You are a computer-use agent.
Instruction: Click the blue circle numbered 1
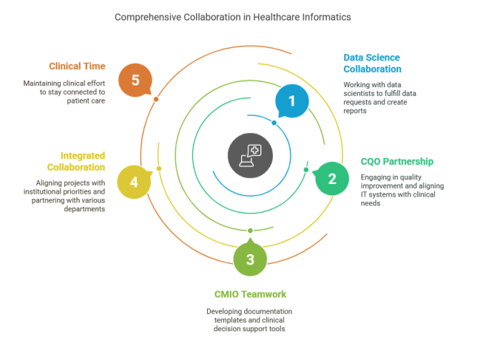click(291, 101)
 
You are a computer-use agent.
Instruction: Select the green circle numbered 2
click(332, 178)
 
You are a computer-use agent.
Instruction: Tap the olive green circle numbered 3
click(250, 259)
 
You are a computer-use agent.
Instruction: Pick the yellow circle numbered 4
click(134, 182)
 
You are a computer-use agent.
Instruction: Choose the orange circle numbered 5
click(135, 80)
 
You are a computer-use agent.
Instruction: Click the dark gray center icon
click(250, 155)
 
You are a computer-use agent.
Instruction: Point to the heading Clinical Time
click(77, 65)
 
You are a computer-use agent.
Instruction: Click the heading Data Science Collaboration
click(372, 63)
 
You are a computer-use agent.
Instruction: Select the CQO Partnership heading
click(396, 161)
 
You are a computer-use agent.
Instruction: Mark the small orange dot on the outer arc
click(155, 99)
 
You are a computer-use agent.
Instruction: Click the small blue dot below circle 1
click(274, 123)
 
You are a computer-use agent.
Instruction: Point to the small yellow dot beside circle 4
click(158, 169)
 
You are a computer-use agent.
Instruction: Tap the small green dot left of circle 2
click(305, 170)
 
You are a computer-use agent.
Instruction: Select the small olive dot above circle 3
click(250, 231)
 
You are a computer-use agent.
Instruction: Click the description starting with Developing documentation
click(249, 320)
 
